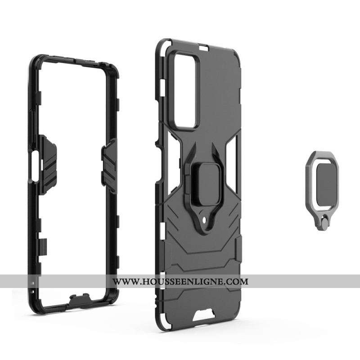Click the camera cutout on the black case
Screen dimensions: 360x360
click(x=185, y=91)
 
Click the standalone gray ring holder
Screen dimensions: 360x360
click(x=322, y=190)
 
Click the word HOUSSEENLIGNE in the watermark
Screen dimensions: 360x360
click(x=183, y=281)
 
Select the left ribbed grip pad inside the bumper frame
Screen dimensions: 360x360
click(x=48, y=165)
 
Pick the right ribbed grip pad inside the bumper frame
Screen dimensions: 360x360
click(x=109, y=166)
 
